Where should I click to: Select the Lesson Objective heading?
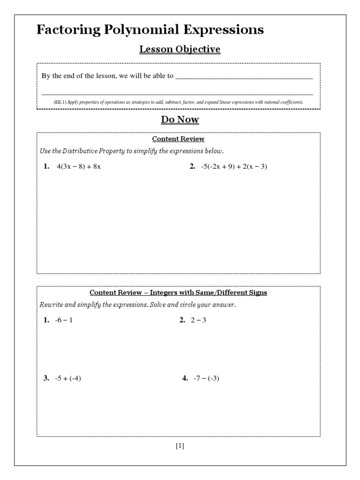[x=180, y=49]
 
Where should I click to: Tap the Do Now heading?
[x=180, y=120]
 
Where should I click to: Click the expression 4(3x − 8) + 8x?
[x=78, y=166]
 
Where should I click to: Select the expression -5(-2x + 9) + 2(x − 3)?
[x=234, y=166]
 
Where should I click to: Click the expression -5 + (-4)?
[x=68, y=378]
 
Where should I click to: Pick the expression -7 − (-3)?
[x=206, y=378]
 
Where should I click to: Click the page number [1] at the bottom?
[x=180, y=446]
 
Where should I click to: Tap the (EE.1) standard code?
[x=60, y=102]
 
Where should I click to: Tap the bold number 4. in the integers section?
[x=185, y=378]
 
